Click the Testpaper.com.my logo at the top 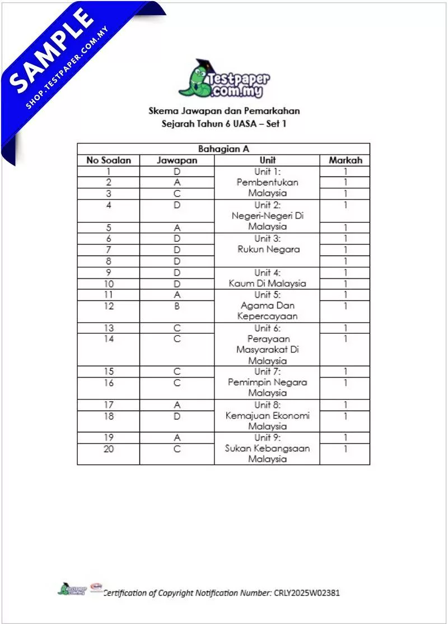[x=223, y=80]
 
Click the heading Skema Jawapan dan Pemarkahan [x=223, y=111]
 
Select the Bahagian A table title [x=223, y=149]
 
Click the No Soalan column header [x=109, y=160]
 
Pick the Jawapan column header [x=177, y=160]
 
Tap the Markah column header [x=345, y=160]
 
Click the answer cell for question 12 [x=177, y=306]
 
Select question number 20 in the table [x=109, y=448]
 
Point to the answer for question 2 [x=177, y=182]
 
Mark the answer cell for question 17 [x=177, y=405]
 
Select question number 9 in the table [x=109, y=273]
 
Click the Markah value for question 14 [x=345, y=339]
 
